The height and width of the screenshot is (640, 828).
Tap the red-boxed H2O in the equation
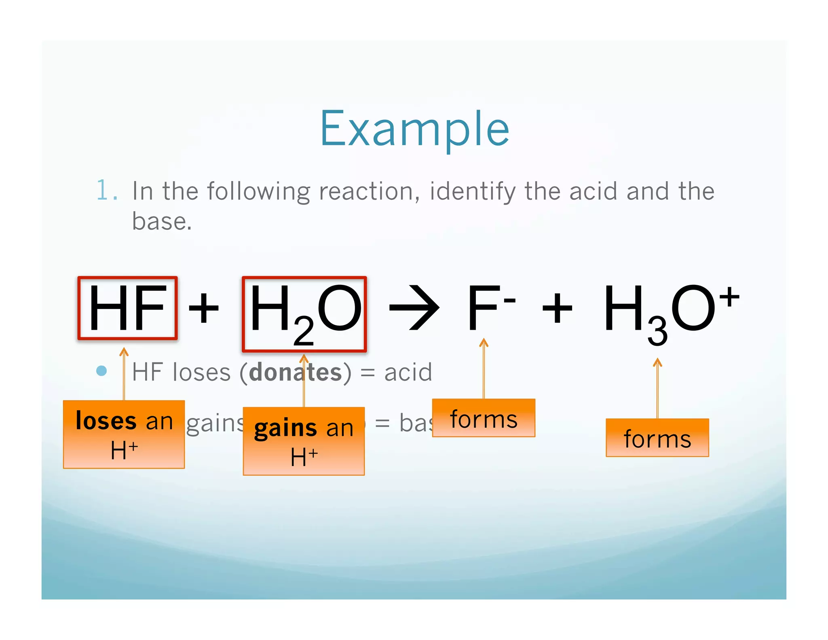[304, 314]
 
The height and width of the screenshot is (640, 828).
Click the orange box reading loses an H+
[124, 434]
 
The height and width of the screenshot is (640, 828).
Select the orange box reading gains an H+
[304, 441]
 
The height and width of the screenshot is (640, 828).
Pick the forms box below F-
[484, 418]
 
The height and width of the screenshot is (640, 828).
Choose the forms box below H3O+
[657, 438]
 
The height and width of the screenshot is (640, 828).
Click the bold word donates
[295, 372]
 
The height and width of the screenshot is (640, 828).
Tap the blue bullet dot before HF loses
[101, 371]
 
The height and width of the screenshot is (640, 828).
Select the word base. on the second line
[162, 221]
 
